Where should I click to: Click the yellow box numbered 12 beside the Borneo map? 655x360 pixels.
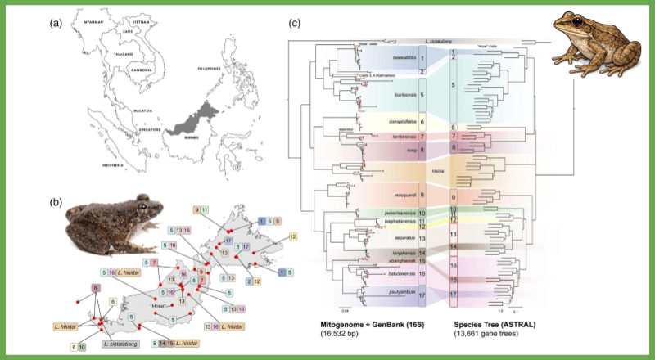(x=293, y=236)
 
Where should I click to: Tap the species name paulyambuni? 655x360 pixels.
(x=395, y=290)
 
